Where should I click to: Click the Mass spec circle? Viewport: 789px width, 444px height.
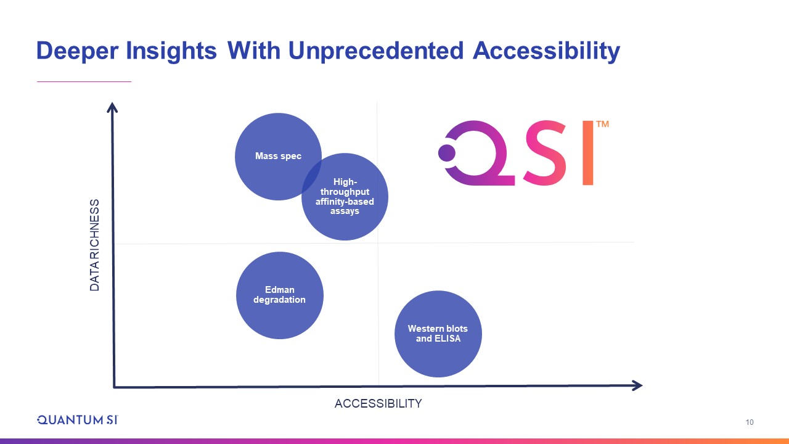point(278,157)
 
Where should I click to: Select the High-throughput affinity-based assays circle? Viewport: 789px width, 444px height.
point(345,197)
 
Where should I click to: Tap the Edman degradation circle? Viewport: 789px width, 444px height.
point(280,295)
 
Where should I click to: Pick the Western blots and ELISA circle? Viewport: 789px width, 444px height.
point(438,334)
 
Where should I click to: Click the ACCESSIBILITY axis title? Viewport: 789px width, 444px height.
point(378,403)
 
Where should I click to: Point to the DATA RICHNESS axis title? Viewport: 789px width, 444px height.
point(94,245)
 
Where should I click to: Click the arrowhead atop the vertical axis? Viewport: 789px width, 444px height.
point(112,107)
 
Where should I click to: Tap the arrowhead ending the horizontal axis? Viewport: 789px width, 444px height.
point(637,385)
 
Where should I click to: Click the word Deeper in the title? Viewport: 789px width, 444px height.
point(78,51)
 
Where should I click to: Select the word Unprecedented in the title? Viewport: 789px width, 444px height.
point(376,51)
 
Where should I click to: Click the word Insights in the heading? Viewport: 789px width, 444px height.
point(171,51)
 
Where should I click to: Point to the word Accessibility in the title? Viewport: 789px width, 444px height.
point(546,51)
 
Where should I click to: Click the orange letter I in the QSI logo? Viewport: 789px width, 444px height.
point(587,152)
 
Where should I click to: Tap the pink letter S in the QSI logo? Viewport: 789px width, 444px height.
point(544,152)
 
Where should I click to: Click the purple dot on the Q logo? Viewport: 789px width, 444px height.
point(447,153)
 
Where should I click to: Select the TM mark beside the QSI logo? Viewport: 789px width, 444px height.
point(602,124)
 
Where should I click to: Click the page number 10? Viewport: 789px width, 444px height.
point(749,422)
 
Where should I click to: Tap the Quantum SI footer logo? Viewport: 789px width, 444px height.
point(78,420)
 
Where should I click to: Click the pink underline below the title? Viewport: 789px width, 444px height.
point(84,81)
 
